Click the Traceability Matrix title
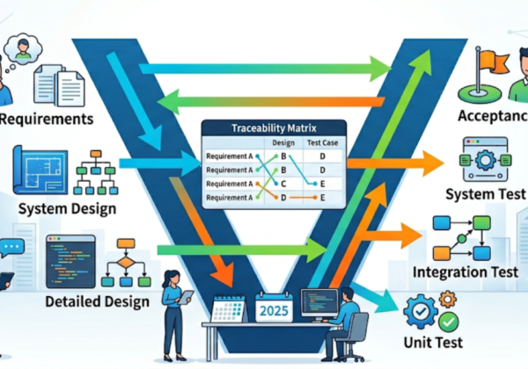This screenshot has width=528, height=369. click(269, 128)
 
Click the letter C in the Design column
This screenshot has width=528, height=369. click(283, 183)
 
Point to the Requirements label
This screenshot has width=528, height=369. click(48, 118)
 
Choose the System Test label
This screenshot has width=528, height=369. click(483, 194)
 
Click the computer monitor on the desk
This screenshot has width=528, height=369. click(318, 302)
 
